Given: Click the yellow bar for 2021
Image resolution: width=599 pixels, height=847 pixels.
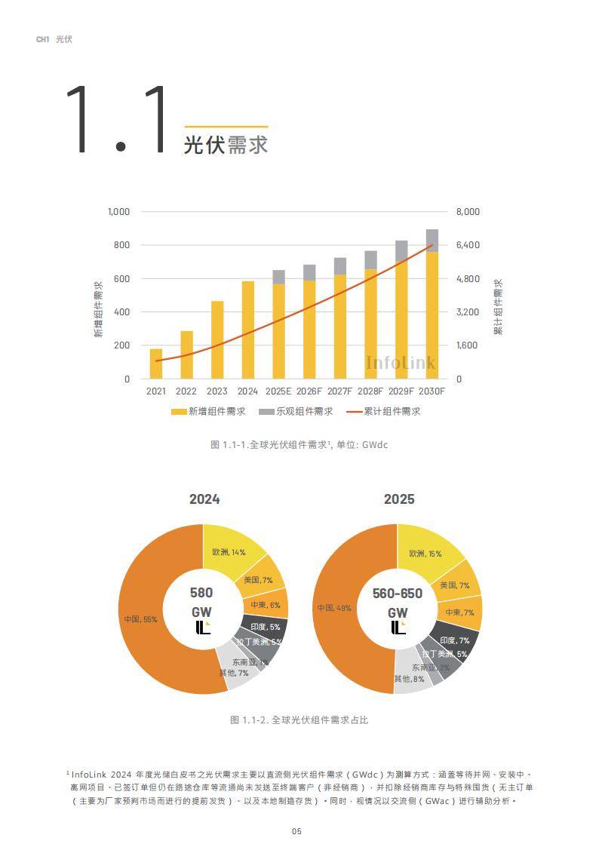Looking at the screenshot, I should point(156,364).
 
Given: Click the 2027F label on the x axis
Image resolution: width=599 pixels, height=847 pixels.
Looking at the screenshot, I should point(339,391).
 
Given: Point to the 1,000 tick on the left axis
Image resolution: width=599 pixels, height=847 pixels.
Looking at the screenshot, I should point(118,212).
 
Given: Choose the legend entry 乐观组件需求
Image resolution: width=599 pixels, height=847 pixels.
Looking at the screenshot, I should point(296,411).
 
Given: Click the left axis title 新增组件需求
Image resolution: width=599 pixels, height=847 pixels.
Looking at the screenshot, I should point(99,308).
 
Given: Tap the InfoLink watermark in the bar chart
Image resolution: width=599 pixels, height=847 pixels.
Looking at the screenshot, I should point(401,364).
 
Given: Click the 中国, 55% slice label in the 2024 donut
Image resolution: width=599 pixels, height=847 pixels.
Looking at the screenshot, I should point(141,619).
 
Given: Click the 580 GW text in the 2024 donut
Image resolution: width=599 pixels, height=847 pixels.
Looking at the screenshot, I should point(201,602).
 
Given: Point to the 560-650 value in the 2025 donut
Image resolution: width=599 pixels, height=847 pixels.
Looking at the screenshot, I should point(398,594).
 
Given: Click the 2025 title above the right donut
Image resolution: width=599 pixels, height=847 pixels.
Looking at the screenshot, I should point(398,499).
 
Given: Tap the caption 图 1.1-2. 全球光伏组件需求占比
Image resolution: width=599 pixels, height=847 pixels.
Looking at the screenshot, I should point(299,720).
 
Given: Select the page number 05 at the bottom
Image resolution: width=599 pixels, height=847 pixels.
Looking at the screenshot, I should point(296,831).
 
